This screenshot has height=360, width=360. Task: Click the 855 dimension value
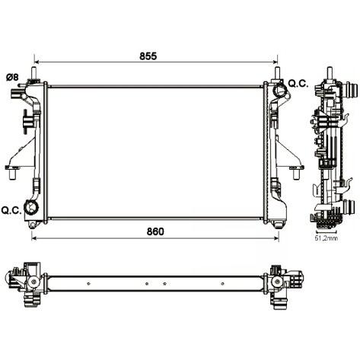(148, 56)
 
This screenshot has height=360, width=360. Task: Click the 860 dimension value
(155, 231)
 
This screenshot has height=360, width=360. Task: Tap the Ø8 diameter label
(12, 77)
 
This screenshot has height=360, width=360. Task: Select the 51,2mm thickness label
(326, 238)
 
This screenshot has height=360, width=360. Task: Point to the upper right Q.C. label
(298, 84)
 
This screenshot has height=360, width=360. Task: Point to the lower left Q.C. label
(11, 210)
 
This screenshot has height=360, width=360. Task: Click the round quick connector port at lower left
(31, 208)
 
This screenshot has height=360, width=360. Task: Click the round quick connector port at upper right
(280, 90)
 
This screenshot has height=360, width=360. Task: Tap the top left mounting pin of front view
(33, 73)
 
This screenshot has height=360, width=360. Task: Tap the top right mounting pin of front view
(277, 73)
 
